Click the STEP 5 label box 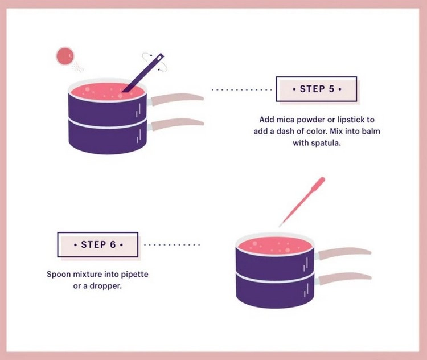[317, 89]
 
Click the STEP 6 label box [98, 244]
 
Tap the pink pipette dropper [302, 202]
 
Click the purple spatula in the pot [143, 73]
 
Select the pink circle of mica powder [65, 56]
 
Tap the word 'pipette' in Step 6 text [134, 274]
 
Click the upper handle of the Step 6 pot [344, 253]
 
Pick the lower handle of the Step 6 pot [344, 278]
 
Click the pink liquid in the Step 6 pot [275, 246]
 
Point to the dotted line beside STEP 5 [241, 89]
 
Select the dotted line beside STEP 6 [172, 245]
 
